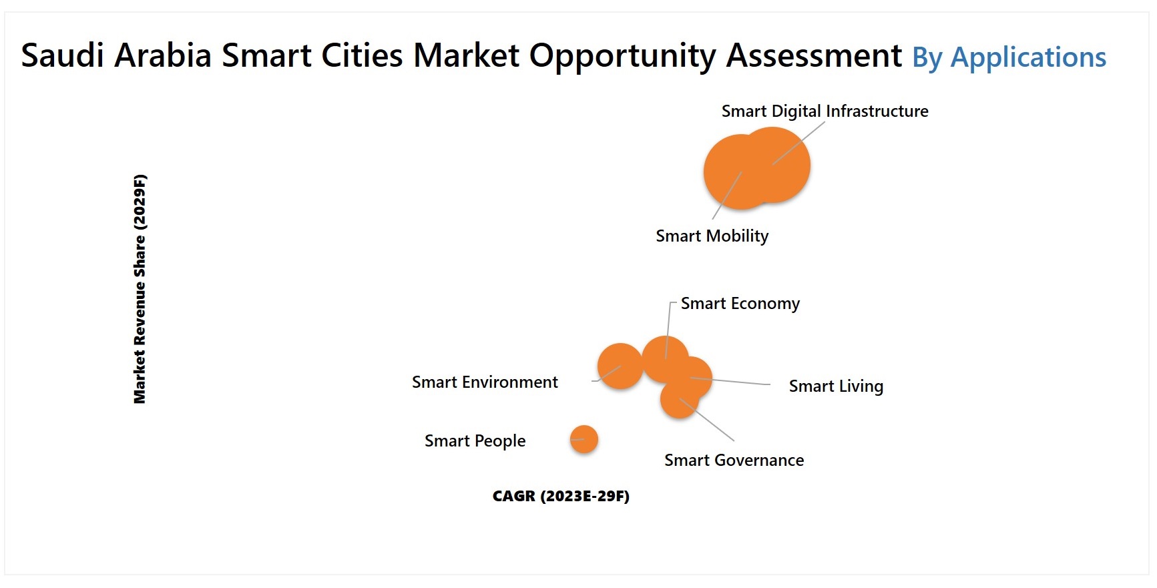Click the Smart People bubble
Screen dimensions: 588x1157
coord(584,439)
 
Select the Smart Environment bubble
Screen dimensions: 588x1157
coord(619,366)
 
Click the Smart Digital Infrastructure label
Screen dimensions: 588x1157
coord(825,111)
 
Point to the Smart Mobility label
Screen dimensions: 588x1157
coord(712,236)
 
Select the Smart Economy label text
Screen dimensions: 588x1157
coord(740,304)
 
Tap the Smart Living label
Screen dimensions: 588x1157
coord(836,386)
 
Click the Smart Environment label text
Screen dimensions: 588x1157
coord(485,382)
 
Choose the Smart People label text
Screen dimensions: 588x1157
coord(475,440)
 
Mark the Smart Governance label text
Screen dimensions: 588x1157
coord(734,460)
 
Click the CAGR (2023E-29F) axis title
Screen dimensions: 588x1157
coord(561,496)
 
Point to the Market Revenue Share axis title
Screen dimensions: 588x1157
coord(140,288)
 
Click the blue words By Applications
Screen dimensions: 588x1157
coord(1009,57)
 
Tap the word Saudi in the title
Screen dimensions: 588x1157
coord(62,55)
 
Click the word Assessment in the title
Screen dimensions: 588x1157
coord(814,55)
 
